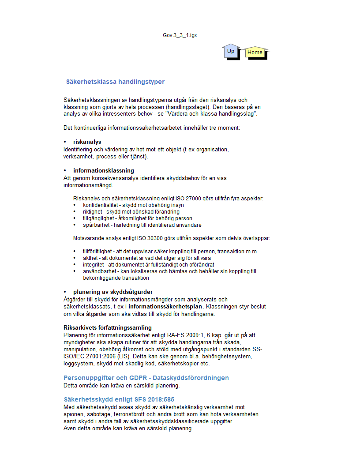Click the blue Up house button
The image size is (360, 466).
point(230,52)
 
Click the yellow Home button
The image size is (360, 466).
point(255,53)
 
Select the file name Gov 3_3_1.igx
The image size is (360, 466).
point(180,35)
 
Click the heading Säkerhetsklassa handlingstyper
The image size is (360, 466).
point(115,82)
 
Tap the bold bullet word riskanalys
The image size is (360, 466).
point(87,142)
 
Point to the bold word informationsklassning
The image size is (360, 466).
point(104,170)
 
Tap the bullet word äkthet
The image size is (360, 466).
point(90,258)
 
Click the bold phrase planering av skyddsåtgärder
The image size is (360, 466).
point(113,292)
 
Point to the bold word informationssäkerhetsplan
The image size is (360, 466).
point(165,306)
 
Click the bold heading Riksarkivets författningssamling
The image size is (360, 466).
point(108,327)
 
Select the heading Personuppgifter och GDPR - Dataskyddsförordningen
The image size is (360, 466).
point(146,378)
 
